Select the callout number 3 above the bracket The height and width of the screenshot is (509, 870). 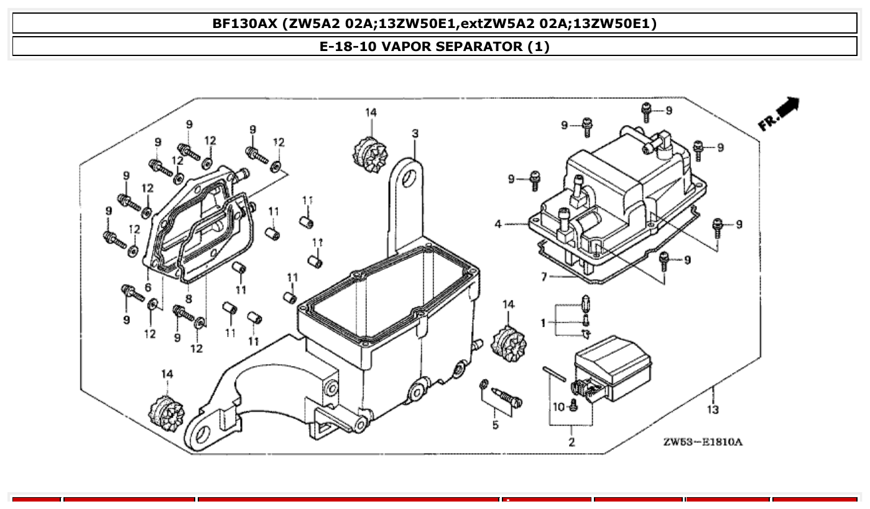415,133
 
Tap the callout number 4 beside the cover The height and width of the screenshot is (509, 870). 498,224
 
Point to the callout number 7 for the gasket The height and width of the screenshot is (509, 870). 544,277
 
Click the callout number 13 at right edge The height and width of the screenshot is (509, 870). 713,409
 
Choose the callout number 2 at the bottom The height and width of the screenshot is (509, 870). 571,442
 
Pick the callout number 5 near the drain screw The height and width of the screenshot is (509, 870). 495,425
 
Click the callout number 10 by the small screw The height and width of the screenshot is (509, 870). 558,407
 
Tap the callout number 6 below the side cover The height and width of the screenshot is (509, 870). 148,287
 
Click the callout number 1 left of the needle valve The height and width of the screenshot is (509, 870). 543,322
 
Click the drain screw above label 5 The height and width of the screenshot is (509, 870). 507,398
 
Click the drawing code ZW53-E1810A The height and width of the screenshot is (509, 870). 702,442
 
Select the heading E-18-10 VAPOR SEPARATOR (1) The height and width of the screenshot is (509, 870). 434,46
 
